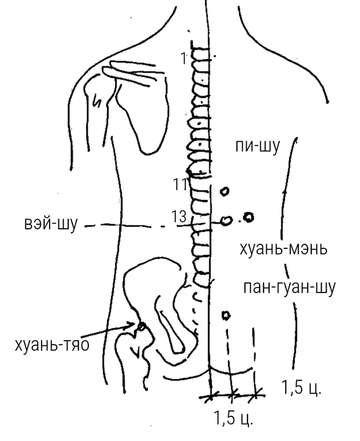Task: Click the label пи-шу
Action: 258,147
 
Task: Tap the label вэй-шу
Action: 51,224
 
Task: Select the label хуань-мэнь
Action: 284,249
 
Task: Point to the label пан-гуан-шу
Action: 290,288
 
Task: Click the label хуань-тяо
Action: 52,345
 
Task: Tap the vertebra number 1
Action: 184,58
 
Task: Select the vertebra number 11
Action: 180,185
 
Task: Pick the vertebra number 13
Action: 179,217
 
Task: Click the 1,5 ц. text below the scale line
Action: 234,418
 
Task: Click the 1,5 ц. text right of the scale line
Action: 301,387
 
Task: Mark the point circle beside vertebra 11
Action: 224,192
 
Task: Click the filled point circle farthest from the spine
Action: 249,217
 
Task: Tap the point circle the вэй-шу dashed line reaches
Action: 226,221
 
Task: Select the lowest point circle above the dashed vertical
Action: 226,316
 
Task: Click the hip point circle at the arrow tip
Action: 141,327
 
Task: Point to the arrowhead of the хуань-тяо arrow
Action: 133,325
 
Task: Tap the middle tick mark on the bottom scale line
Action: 232,395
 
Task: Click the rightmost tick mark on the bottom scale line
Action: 256,394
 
